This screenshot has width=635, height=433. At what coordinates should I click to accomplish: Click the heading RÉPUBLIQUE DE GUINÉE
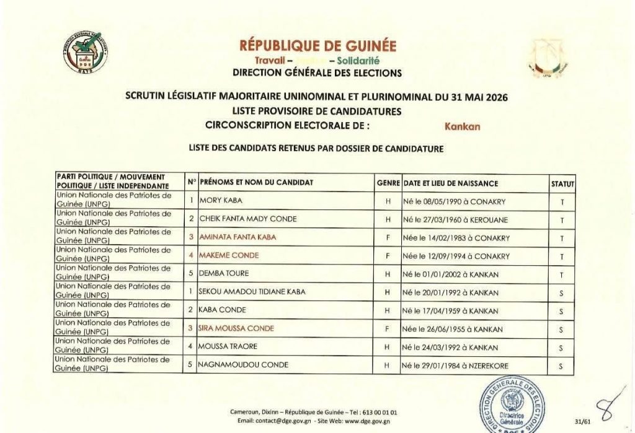317,46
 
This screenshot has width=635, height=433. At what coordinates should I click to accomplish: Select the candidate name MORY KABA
221,201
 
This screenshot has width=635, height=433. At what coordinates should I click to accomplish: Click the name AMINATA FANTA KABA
238,237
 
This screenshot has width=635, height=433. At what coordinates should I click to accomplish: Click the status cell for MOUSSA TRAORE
561,348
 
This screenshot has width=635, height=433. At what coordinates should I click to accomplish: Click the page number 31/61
582,421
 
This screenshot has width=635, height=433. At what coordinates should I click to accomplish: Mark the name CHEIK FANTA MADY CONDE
248,219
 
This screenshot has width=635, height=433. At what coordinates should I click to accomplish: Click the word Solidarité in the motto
358,61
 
